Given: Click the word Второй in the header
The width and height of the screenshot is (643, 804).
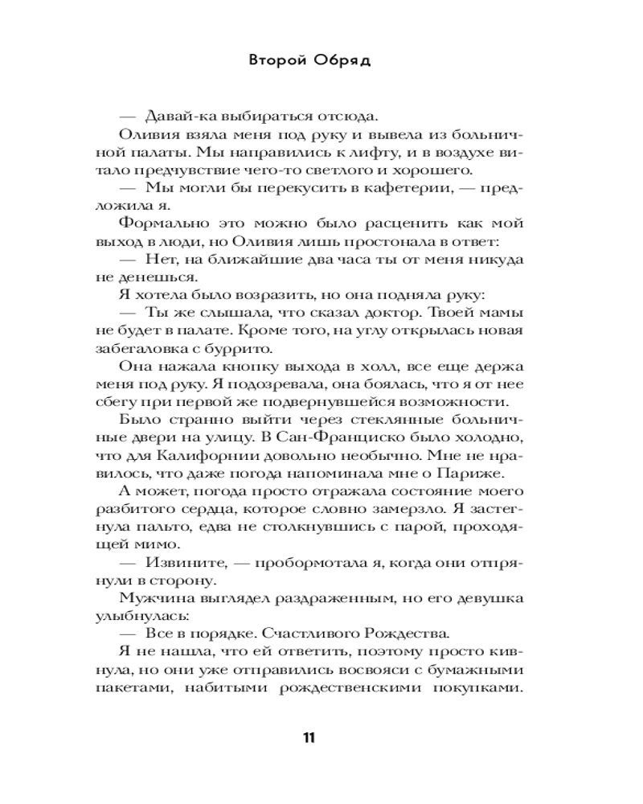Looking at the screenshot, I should click(x=276, y=62).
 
